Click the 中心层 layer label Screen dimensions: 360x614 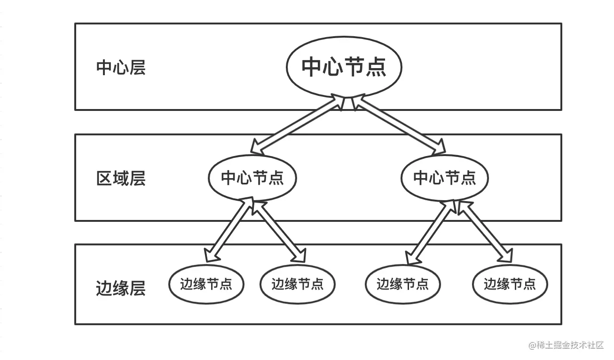pos(121,68)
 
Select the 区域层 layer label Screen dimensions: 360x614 pos(121,179)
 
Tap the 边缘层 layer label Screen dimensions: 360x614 pos(121,288)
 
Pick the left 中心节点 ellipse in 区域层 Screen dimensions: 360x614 pos(252,178)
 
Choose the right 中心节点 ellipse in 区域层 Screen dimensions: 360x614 pos(444,178)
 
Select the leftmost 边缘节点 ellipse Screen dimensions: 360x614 pos(206,284)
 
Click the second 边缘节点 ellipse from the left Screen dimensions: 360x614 pos(297,284)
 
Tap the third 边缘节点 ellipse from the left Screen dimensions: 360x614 pos(402,284)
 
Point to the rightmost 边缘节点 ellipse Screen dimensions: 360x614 pos(510,284)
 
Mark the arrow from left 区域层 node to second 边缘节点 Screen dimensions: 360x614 pos(278,230)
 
